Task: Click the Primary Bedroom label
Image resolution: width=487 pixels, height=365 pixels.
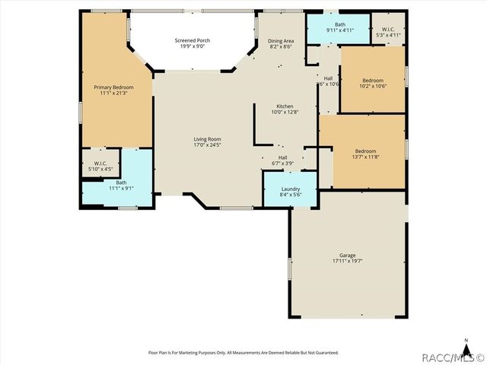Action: tap(113, 87)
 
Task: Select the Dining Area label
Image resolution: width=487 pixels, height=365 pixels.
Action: tap(281, 40)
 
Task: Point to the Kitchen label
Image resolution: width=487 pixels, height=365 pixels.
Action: tap(285, 106)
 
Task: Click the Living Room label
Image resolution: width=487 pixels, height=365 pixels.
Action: tap(207, 138)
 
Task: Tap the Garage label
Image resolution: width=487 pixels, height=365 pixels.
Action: tap(347, 255)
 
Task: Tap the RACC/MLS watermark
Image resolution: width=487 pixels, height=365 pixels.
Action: tap(454, 357)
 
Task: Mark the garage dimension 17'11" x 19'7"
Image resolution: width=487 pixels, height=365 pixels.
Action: tap(347, 261)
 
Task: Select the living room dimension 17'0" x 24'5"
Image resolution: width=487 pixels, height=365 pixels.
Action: tap(207, 144)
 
